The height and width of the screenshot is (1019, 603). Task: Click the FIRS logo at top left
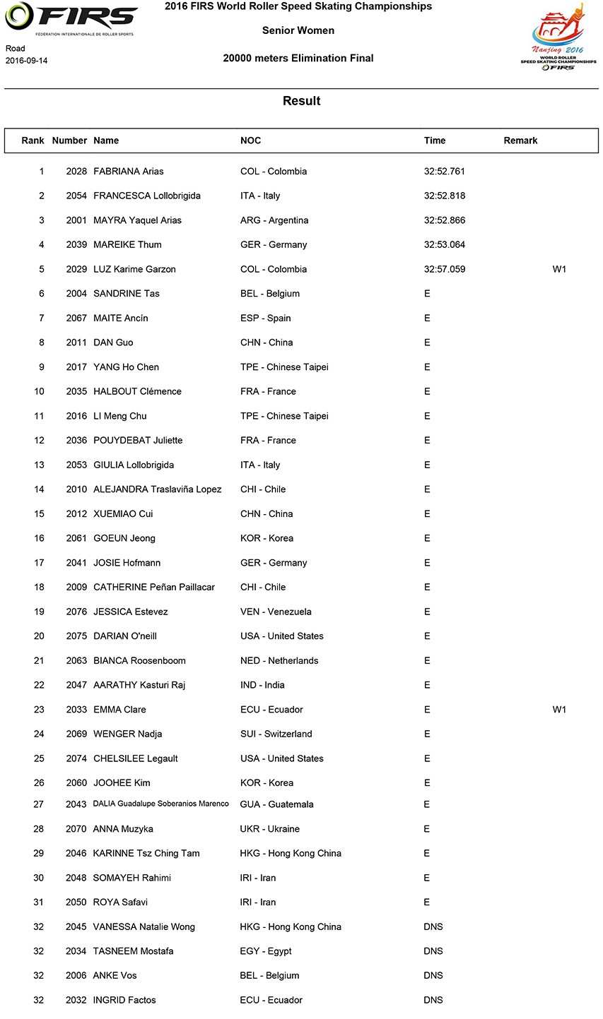[70, 19]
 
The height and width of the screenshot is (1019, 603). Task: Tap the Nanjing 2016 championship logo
[558, 37]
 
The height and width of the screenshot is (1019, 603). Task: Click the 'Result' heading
[302, 101]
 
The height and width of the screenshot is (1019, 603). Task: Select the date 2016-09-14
[27, 61]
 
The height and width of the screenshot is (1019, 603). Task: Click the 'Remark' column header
[520, 141]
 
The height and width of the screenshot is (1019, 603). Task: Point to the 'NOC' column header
[250, 141]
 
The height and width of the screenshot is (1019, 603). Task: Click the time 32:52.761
[445, 172]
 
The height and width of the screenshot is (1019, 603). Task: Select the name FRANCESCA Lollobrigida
[147, 196]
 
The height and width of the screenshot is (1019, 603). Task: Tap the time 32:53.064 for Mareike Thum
[445, 245]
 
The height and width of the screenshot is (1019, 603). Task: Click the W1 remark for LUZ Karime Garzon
[559, 269]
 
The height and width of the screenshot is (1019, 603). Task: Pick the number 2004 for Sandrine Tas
[76, 294]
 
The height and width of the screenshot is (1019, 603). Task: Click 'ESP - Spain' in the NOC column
[265, 318]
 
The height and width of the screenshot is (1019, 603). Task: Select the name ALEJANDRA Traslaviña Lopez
[158, 489]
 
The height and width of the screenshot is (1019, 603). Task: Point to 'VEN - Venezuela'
[276, 612]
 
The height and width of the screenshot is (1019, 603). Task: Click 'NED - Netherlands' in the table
[279, 661]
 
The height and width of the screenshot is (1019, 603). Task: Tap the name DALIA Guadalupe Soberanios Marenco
[161, 804]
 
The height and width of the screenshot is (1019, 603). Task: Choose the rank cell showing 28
[39, 829]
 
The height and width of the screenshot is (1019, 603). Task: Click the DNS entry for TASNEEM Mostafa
[433, 951]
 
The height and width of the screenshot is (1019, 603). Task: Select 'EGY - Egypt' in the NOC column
[266, 951]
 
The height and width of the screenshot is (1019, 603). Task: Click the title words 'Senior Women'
[298, 30]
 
